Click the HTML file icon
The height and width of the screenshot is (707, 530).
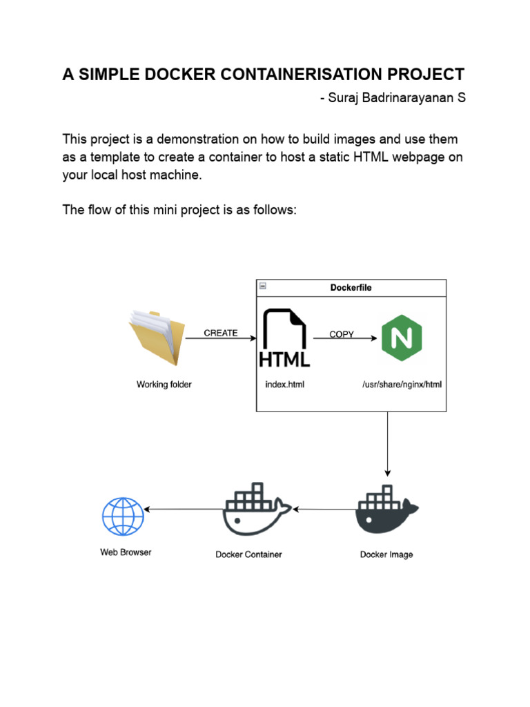tap(284, 339)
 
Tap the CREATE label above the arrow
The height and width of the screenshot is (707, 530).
tap(221, 333)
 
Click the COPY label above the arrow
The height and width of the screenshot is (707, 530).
tap(342, 334)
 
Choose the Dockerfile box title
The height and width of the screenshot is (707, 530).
tap(351, 288)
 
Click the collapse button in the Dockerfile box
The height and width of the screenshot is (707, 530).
tap(263, 287)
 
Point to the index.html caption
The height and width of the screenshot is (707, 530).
tap(284, 385)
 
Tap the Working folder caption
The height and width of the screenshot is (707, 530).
tap(164, 385)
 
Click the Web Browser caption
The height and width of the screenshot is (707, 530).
tap(126, 552)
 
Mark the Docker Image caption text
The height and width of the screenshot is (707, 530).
tap(386, 554)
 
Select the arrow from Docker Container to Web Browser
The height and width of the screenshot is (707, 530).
tap(183, 510)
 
